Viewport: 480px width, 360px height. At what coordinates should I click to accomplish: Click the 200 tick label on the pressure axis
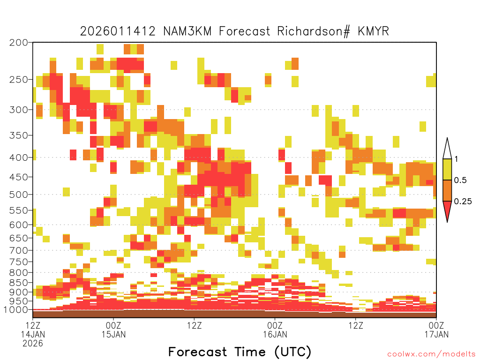[19, 43]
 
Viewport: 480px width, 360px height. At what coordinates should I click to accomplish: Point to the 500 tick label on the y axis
[19, 195]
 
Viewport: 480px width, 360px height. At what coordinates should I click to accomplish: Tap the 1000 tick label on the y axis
[16, 310]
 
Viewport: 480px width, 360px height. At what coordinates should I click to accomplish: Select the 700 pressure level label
[19, 250]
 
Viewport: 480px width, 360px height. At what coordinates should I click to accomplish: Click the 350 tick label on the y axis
[19, 135]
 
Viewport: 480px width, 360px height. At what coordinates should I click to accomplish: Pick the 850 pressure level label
[19, 283]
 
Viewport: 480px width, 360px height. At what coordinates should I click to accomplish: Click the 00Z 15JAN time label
[113, 330]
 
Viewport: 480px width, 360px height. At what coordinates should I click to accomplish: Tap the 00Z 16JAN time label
[275, 330]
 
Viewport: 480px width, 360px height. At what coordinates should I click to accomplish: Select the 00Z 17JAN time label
[436, 330]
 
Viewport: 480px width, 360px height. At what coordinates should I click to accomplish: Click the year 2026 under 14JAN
[33, 344]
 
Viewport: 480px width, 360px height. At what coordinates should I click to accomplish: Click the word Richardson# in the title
[314, 31]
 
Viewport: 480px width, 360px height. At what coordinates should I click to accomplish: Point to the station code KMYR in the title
[373, 31]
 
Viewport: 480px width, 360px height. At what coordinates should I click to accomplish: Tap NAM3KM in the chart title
[187, 31]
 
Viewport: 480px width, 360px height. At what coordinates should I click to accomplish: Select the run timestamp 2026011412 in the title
[118, 31]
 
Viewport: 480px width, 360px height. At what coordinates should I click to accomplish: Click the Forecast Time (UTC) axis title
[240, 352]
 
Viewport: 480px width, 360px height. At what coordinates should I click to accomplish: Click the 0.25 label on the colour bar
[463, 202]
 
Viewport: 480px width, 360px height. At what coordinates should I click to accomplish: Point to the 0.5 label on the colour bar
[460, 180]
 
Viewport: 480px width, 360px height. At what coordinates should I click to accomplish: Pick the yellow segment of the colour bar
[447, 170]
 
